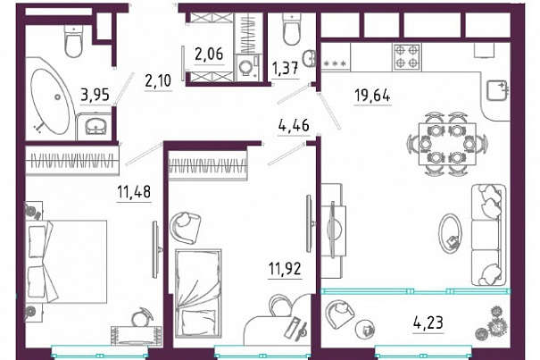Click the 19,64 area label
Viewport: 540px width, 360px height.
click(x=372, y=95)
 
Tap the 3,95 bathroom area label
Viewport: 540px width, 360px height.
click(x=95, y=95)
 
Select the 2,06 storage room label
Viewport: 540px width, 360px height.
click(x=209, y=54)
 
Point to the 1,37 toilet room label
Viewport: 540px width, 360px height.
click(x=285, y=68)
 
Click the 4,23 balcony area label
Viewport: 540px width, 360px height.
click(x=428, y=322)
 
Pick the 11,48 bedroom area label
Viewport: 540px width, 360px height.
click(x=134, y=191)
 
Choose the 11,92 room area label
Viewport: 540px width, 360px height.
click(x=285, y=269)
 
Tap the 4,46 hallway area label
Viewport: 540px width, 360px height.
click(x=294, y=125)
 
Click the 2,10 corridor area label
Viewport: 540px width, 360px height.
click(x=158, y=80)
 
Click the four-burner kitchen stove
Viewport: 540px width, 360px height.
click(x=406, y=57)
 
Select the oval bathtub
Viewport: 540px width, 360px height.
click(x=50, y=101)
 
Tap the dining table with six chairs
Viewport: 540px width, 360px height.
click(x=447, y=144)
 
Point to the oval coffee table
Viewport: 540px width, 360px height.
click(x=450, y=234)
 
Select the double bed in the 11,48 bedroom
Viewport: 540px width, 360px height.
click(x=65, y=262)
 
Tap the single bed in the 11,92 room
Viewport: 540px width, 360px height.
click(x=197, y=292)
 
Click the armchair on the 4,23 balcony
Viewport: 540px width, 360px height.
click(x=339, y=314)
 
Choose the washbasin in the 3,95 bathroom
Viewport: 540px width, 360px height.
click(x=95, y=126)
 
